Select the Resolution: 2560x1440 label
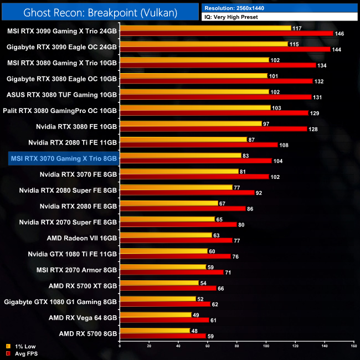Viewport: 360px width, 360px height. [239, 8]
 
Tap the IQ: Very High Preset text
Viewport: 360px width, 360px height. [233, 17]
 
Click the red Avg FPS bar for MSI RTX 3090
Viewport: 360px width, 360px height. [226, 33]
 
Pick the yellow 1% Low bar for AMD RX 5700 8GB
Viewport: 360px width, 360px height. [155, 331]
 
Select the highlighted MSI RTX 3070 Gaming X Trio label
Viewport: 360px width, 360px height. [64, 158]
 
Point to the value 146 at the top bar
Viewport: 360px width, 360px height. [340, 34]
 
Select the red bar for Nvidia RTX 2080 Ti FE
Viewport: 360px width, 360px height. [198, 145]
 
